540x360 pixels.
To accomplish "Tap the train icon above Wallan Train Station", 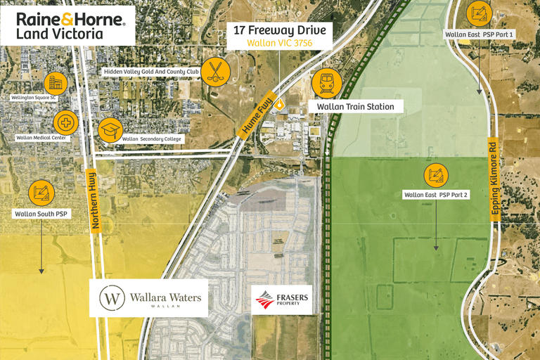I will coord(326,82).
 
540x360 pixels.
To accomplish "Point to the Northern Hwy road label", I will coord(94,199).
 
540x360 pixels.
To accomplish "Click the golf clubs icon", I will coord(214,71).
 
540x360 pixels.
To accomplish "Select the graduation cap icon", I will coord(110,129).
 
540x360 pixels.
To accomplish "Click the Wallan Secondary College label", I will coord(151,139).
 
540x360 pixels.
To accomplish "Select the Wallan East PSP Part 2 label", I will coord(436,194).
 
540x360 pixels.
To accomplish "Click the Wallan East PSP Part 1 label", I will coord(480,34).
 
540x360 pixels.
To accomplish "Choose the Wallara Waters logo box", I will coord(150,297).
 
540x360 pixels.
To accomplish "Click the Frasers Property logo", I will coord(281,300).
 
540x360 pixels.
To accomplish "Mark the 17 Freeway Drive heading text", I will coord(279,30).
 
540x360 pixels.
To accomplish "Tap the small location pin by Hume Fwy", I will coord(280,105).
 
